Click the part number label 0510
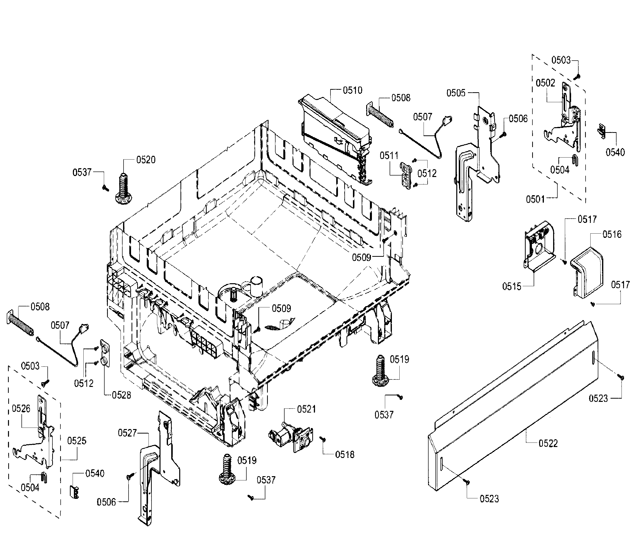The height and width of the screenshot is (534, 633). (x=352, y=90)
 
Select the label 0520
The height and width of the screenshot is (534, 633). (x=146, y=160)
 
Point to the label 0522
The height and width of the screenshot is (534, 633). (x=548, y=444)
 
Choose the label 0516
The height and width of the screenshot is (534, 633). (x=612, y=234)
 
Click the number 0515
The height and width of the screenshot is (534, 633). (x=512, y=286)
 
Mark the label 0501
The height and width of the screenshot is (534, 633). (x=535, y=199)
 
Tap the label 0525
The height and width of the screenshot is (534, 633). (x=77, y=441)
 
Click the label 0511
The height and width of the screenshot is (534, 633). (x=389, y=156)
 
